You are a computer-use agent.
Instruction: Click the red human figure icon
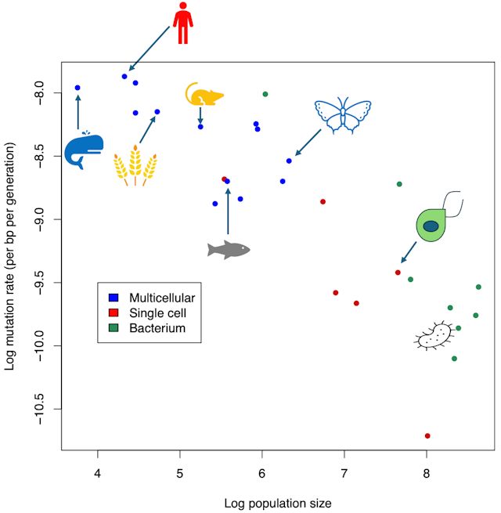coord(182,23)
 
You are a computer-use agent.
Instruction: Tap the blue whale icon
coord(84,150)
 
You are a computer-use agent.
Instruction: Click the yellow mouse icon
coord(204,95)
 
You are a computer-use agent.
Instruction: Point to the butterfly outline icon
coord(342,114)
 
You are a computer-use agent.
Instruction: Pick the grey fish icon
coord(228,249)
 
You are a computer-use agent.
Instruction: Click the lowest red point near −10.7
coord(427,435)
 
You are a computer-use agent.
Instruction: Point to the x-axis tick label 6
coord(262,474)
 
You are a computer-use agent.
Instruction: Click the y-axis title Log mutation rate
coord(10,257)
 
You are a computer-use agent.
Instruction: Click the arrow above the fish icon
coord(228,210)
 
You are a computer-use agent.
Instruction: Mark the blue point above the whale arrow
coord(77,88)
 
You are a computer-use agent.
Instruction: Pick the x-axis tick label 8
coord(427,474)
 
